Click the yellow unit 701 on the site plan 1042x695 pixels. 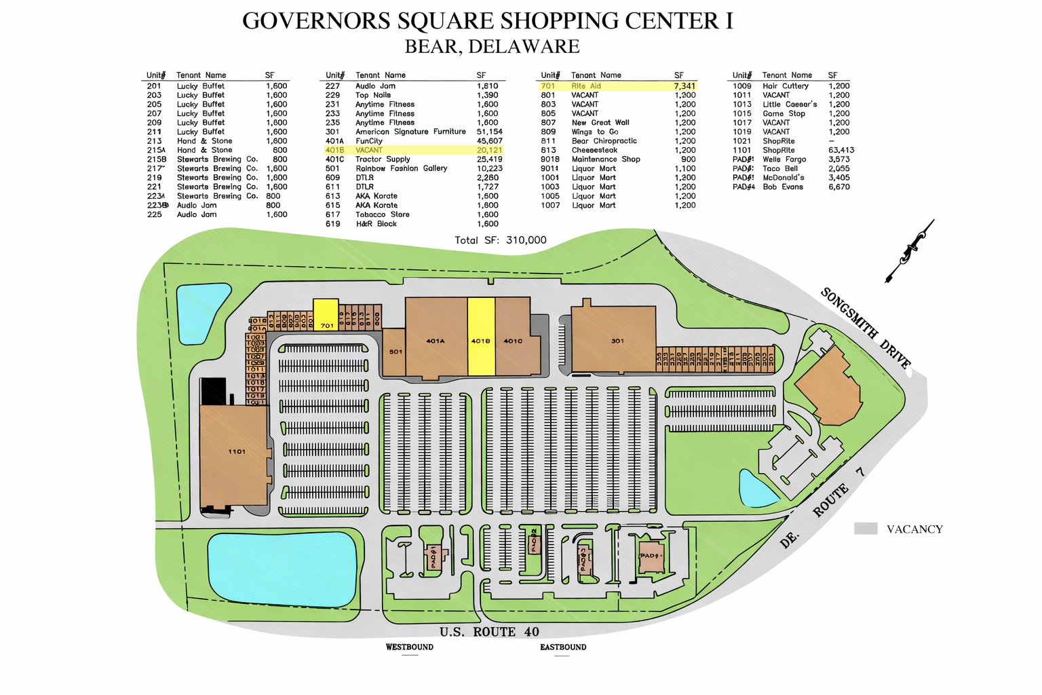326,315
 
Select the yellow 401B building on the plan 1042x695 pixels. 481,337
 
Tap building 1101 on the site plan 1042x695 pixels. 234,453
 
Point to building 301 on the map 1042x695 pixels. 614,340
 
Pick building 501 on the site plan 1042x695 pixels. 394,352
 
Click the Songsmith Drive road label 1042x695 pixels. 865,328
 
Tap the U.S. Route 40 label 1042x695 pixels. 488,632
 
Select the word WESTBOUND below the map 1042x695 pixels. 409,647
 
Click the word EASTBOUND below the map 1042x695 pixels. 563,647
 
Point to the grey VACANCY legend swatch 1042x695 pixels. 866,529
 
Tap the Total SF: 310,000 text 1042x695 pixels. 500,240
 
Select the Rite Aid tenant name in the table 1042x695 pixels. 586,86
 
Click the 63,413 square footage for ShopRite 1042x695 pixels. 841,151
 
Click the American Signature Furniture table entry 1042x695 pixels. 410,132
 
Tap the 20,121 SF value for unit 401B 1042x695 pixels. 489,151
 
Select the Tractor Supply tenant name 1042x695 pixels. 383,159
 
